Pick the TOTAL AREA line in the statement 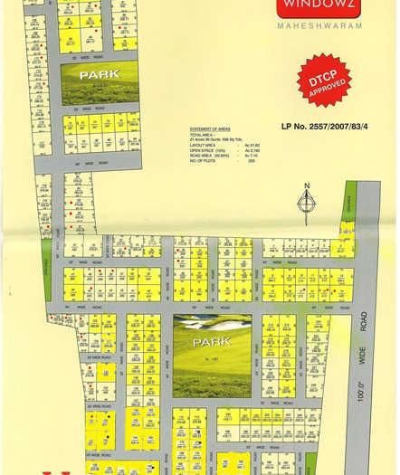point(208,137)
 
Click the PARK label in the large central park point(210,341)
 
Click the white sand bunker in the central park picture point(201,323)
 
